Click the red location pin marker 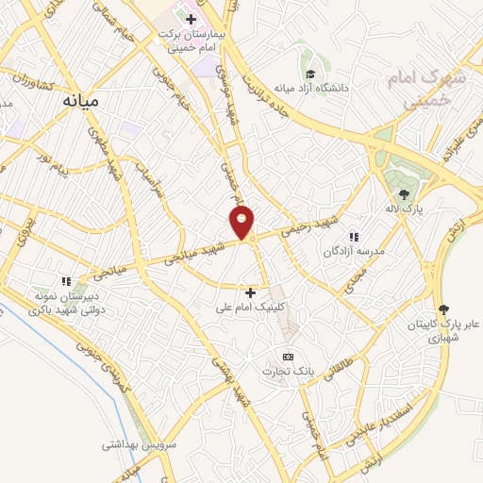click(x=242, y=221)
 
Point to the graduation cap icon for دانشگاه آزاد click(x=310, y=73)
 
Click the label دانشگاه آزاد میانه click(x=310, y=89)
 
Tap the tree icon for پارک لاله click(x=404, y=194)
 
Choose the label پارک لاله click(x=404, y=209)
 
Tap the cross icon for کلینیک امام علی click(x=250, y=292)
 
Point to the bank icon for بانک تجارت click(x=288, y=357)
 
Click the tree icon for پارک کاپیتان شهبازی click(x=444, y=308)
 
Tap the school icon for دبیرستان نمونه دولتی click(x=66, y=280)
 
